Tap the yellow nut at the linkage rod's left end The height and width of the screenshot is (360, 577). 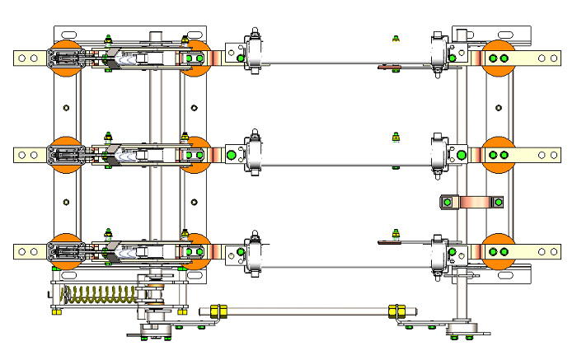(x=218, y=311)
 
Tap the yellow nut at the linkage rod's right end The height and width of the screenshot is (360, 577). (x=396, y=311)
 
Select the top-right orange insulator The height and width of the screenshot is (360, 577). (x=499, y=58)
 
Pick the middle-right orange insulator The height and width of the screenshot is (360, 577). (x=499, y=154)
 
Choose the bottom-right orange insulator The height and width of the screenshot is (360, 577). (x=499, y=250)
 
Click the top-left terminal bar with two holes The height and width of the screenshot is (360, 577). (x=29, y=58)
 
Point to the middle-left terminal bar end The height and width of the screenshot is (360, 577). (x=29, y=154)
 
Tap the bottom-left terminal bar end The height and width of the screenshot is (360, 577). (x=29, y=250)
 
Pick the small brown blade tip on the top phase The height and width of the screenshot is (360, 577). (x=388, y=67)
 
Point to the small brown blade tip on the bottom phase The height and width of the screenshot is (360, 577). (x=388, y=242)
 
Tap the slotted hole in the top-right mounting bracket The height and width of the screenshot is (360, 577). (x=462, y=35)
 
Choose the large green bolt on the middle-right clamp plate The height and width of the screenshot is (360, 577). (x=461, y=154)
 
